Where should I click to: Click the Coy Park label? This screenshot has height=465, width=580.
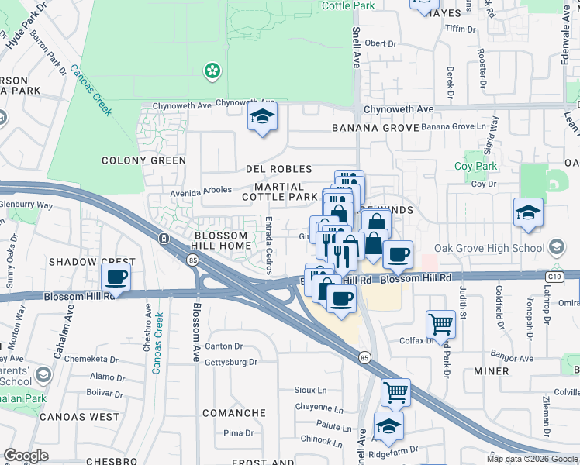click(x=475, y=166)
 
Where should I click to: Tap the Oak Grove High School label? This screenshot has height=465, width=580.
click(x=501, y=248)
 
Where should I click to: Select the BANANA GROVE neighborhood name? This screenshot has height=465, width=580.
click(x=369, y=128)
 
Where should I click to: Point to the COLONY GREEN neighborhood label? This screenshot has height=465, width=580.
click(x=144, y=160)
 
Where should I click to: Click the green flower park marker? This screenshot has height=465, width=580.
click(x=211, y=71)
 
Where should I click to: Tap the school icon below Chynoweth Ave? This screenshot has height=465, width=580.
click(x=263, y=118)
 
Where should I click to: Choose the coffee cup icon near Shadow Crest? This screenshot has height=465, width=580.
click(x=116, y=277)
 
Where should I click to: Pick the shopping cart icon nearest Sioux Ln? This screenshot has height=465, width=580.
click(x=396, y=392)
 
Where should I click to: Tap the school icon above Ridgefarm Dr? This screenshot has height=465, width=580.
click(x=388, y=425)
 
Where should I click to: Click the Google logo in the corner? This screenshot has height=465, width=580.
click(x=26, y=456)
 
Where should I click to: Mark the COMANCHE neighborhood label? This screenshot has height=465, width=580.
click(x=234, y=413)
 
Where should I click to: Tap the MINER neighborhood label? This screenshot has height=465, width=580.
click(x=491, y=371)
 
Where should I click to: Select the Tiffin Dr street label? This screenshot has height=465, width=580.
click(x=460, y=29)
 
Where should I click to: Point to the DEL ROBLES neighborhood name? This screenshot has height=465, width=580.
click(x=278, y=169)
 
